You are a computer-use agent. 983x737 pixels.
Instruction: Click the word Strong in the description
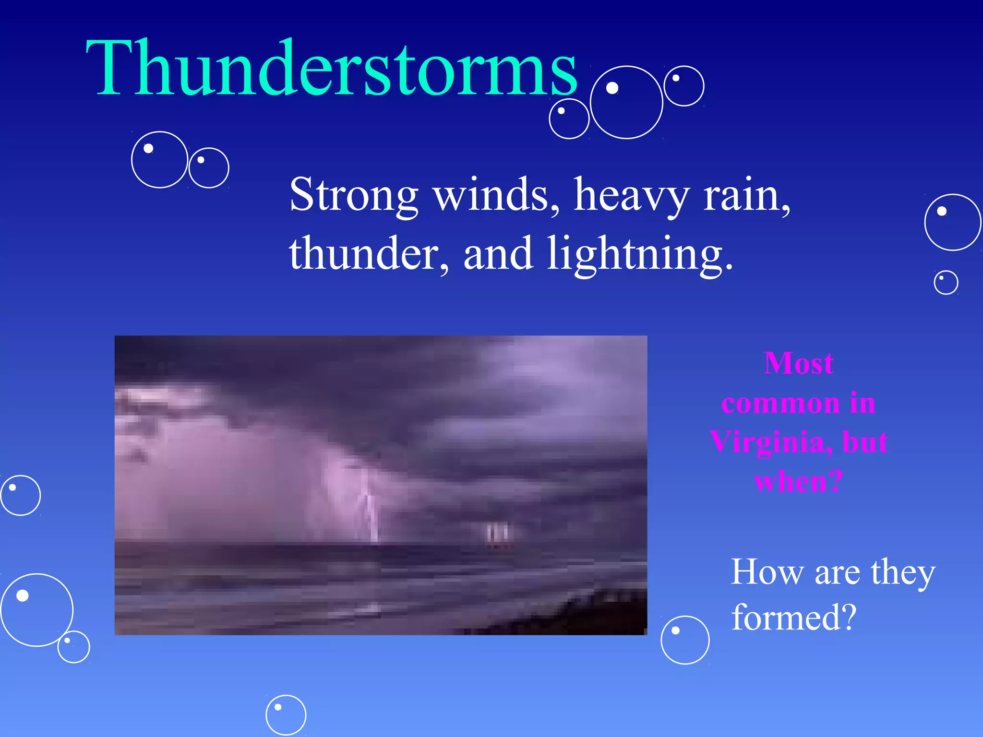(x=353, y=195)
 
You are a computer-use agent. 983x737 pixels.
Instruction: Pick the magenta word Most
(x=799, y=363)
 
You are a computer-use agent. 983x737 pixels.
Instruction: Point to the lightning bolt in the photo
(x=369, y=509)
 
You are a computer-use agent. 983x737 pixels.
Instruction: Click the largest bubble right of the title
(x=626, y=102)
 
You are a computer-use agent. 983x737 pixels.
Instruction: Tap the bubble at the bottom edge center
(x=286, y=715)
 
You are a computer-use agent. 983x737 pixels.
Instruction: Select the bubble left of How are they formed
(x=685, y=640)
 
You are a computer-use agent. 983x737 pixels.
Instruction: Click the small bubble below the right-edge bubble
(x=946, y=282)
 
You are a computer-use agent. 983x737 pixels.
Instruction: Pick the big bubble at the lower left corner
(x=36, y=610)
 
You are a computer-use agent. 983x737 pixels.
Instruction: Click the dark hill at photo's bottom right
(x=600, y=614)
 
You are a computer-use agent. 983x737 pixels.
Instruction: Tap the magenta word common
(x=780, y=403)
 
